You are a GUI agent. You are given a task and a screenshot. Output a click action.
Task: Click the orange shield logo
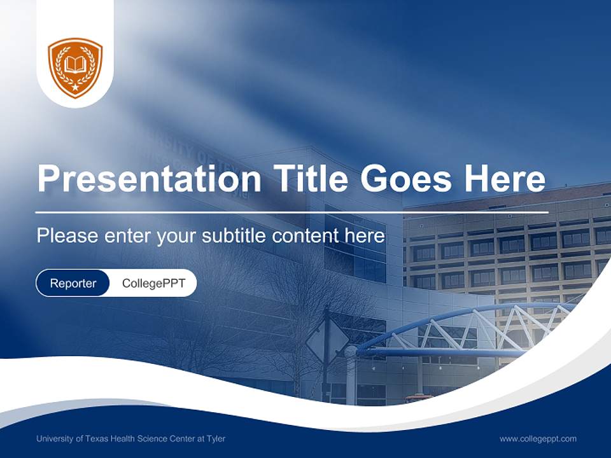[x=75, y=67]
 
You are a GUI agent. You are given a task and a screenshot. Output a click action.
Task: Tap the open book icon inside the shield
[x=75, y=64]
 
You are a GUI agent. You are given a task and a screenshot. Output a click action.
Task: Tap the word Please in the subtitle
[x=66, y=236]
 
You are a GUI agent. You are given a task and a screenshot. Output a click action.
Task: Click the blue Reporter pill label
[x=73, y=283]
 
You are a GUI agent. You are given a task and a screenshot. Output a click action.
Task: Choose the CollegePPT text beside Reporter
[x=153, y=283]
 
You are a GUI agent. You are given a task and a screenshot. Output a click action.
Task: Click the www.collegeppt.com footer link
[x=538, y=439]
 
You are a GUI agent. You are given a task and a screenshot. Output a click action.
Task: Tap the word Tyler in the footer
[x=215, y=439]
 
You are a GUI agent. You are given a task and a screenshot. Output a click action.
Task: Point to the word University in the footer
[x=53, y=439]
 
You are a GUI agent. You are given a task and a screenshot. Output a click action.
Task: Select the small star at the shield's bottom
[x=75, y=87]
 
